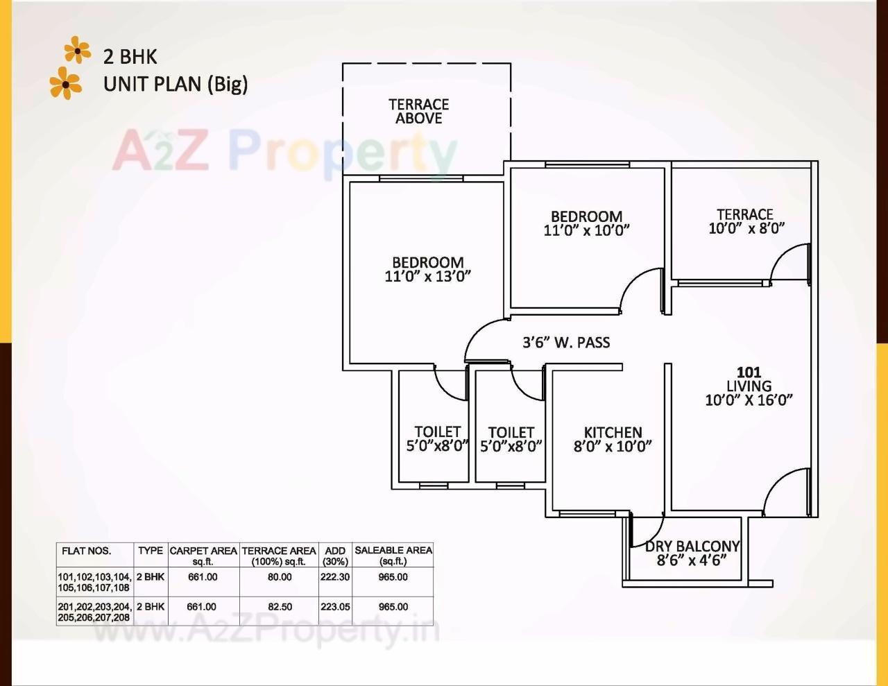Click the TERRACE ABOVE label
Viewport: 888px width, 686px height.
pyautogui.click(x=418, y=112)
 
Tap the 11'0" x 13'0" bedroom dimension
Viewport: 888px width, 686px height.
pyautogui.click(x=427, y=277)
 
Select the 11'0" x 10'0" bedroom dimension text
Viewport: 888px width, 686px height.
pyautogui.click(x=586, y=231)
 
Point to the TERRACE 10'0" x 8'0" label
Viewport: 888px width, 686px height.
pyautogui.click(x=745, y=221)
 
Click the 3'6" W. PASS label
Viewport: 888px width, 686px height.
pyautogui.click(x=566, y=342)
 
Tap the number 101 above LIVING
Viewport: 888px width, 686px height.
pyautogui.click(x=749, y=372)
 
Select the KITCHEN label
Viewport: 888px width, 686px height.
pyautogui.click(x=613, y=432)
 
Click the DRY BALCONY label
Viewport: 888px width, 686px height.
pyautogui.click(x=692, y=547)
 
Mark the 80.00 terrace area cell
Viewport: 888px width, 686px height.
pyautogui.click(x=280, y=577)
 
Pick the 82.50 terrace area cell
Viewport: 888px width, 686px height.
pyautogui.click(x=280, y=607)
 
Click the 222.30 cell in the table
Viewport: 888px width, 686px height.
pyautogui.click(x=335, y=577)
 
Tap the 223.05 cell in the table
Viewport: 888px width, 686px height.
pyautogui.click(x=335, y=607)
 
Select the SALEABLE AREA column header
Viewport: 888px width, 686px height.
pyautogui.click(x=393, y=555)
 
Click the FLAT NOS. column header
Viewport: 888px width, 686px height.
pyautogui.click(x=86, y=551)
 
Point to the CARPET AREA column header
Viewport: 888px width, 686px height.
pyautogui.click(x=203, y=555)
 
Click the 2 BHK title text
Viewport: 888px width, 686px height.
pyautogui.click(x=130, y=56)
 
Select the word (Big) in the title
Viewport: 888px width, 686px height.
pyautogui.click(x=227, y=85)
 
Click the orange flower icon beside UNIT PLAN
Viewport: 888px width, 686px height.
pyautogui.click(x=66, y=83)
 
